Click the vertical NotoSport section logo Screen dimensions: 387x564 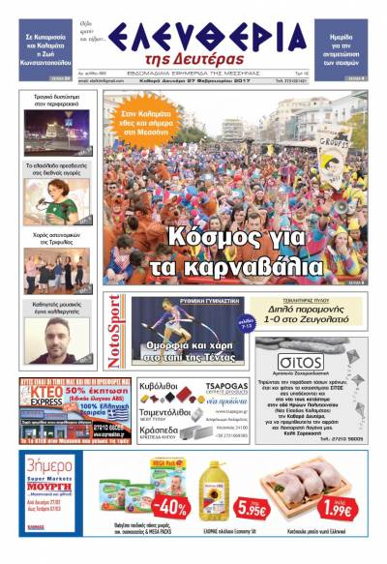(x=115, y=331)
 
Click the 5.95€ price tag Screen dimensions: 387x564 (x=252, y=509)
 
